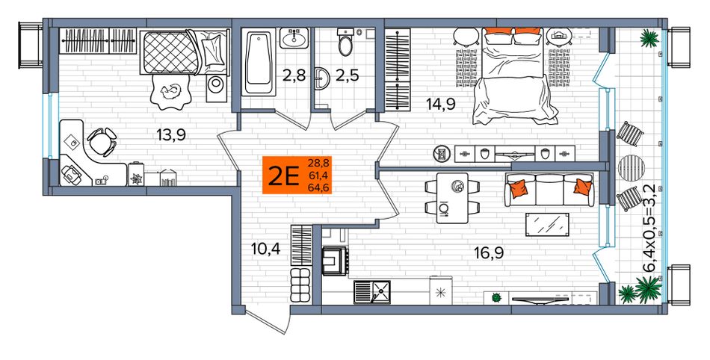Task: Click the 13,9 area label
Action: pyautogui.click(x=172, y=134)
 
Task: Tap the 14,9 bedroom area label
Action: pyautogui.click(x=440, y=104)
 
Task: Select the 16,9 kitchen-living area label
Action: pyautogui.click(x=490, y=252)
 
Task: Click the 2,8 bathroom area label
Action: pyautogui.click(x=294, y=75)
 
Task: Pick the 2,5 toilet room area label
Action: pyautogui.click(x=348, y=75)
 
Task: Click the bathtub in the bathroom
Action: pyautogui.click(x=259, y=62)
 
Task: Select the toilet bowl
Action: pyautogui.click(x=345, y=43)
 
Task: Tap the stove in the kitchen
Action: pyautogui.click(x=335, y=261)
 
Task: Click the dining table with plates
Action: pyautogui.click(x=452, y=198)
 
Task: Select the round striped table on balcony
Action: pyautogui.click(x=628, y=167)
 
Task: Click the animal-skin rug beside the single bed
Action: pyautogui.click(x=170, y=91)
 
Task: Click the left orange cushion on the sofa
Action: pyautogui.click(x=519, y=188)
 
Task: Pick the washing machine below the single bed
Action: pyautogui.click(x=215, y=88)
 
